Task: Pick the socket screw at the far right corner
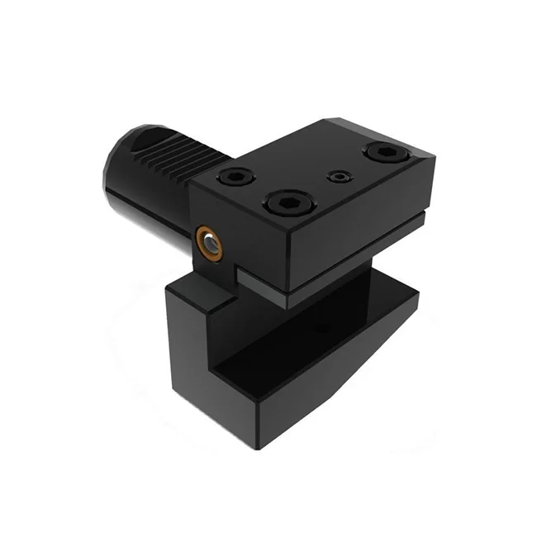pos(383,152)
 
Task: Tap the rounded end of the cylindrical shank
pos(116,169)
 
